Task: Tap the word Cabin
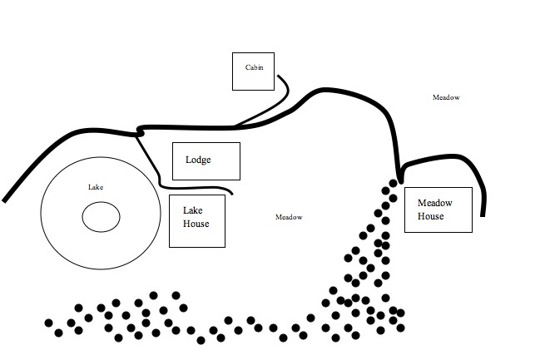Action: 254,67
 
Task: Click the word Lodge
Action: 198,160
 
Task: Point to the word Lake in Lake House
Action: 192,210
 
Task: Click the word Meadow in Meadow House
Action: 433,203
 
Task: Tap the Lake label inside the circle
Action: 96,187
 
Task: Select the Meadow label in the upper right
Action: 446,97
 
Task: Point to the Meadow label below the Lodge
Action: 288,217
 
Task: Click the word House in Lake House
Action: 196,224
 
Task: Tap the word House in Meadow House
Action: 431,216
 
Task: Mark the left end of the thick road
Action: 5,200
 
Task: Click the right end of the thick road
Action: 483,214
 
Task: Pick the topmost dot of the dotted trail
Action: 394,181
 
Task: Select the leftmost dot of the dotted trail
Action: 48,323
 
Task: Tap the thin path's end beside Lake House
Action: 231,194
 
